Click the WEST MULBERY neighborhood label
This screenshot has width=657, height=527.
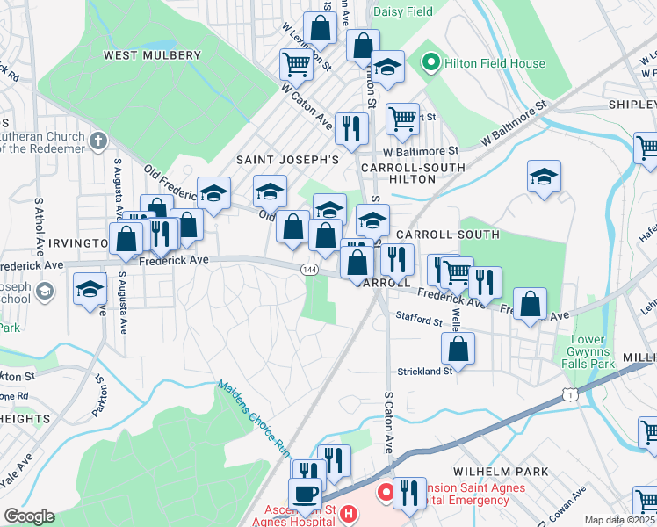point(152,55)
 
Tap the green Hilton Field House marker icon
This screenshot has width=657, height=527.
point(430,63)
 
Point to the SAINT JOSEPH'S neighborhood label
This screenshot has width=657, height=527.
point(286,161)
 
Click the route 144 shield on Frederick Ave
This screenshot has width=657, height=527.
point(308,269)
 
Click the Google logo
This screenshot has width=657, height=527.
point(29,516)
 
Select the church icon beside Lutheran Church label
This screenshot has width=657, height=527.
point(97,139)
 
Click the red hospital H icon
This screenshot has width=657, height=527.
point(349,513)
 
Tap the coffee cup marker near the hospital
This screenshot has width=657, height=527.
point(306,494)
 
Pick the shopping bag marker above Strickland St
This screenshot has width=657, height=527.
point(458,349)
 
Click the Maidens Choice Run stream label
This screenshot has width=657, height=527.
point(254,416)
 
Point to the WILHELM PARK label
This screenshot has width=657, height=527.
point(501,472)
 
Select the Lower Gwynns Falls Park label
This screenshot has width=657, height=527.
point(587,351)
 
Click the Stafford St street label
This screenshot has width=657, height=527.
point(418,321)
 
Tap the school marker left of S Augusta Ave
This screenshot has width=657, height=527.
point(90,291)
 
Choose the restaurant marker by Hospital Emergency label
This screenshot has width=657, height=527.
point(409,493)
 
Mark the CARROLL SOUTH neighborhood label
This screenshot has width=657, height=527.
point(447,235)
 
